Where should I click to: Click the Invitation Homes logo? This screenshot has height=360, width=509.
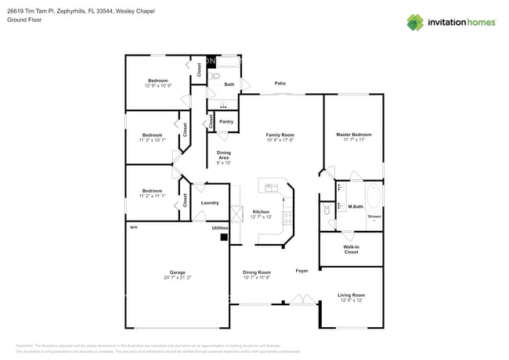click(x=451, y=22)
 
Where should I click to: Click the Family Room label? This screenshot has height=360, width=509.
click(x=280, y=137)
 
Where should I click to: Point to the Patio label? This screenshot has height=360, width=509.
click(x=280, y=83)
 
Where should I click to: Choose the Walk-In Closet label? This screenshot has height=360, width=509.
click(x=351, y=250)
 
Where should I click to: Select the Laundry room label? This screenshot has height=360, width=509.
click(x=210, y=203)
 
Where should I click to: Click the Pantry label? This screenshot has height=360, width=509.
click(x=226, y=121)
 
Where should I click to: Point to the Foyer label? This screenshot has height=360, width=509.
click(x=301, y=271)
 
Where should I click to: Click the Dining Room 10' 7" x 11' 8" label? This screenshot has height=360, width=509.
click(x=256, y=275)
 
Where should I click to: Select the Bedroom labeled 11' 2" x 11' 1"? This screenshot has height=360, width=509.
click(x=152, y=193)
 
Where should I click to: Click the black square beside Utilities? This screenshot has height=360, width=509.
click(x=223, y=236)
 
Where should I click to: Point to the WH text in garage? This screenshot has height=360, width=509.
click(x=133, y=227)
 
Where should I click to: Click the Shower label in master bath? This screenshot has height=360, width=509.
click(x=374, y=216)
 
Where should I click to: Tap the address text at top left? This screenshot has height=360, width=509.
click(x=81, y=12)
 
